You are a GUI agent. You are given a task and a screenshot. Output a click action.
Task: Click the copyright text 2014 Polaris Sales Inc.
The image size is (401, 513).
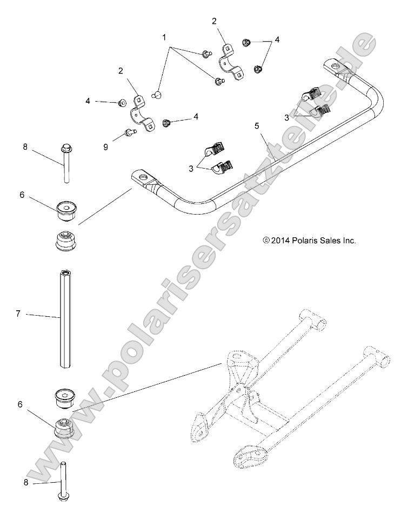[x=309, y=241]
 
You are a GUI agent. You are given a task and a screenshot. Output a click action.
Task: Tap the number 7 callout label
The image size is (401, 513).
[x=18, y=314]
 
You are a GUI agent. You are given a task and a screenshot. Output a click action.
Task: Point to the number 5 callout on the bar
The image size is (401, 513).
[x=257, y=126]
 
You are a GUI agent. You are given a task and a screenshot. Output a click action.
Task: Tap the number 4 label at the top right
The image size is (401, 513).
[x=277, y=39]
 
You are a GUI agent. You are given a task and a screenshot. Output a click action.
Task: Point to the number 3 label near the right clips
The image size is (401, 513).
[x=286, y=117]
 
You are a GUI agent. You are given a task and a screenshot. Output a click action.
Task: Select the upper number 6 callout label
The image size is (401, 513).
[x=22, y=195]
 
